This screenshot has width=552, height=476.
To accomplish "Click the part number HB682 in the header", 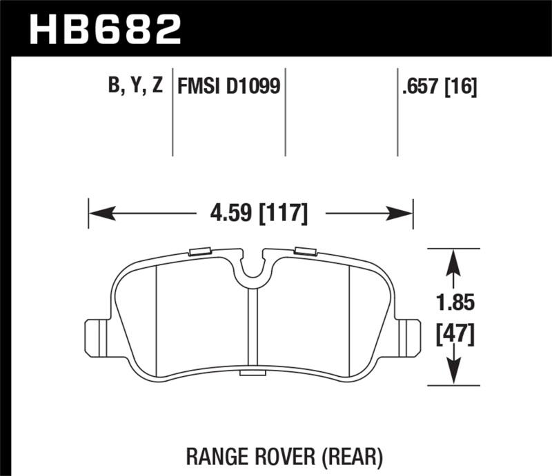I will pyautogui.click(x=105, y=30).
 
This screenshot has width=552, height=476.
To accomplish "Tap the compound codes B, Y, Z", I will pyautogui.click(x=136, y=87).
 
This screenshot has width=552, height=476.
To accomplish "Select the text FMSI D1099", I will pyautogui.click(x=230, y=87).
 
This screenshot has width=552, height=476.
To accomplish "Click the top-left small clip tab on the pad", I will pyautogui.click(x=199, y=251).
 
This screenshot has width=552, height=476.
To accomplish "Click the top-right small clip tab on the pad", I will pyautogui.click(x=305, y=251).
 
